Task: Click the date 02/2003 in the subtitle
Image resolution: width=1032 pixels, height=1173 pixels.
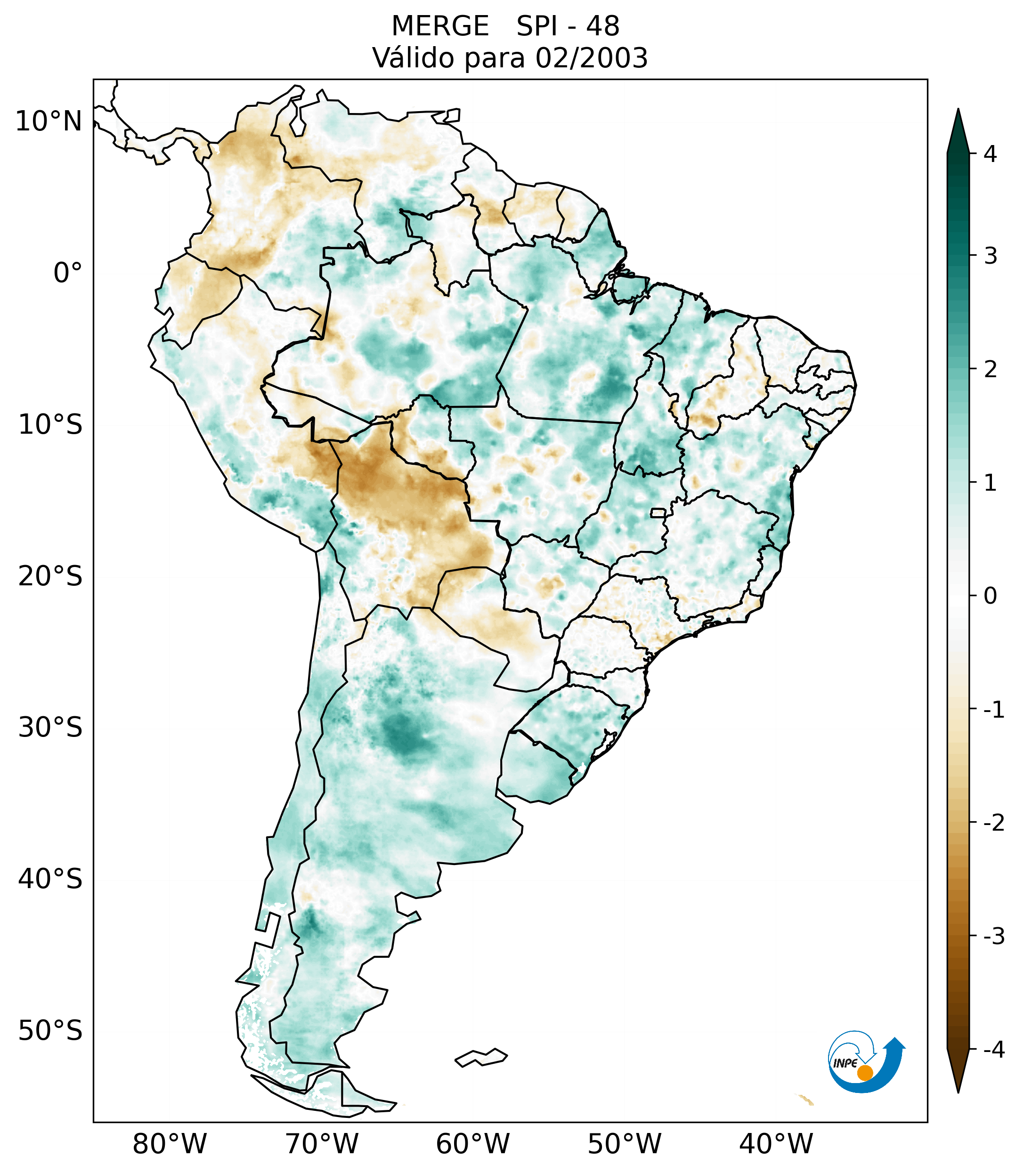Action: [x=591, y=58]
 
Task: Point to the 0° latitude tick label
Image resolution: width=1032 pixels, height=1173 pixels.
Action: [x=67, y=273]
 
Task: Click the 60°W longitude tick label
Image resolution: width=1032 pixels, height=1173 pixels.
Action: [x=472, y=1144]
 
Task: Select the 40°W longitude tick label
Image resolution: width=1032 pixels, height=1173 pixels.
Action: [x=775, y=1144]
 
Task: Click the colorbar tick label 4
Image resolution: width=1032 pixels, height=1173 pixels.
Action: [x=990, y=154]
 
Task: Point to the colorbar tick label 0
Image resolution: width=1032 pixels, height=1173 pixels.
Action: [x=990, y=596]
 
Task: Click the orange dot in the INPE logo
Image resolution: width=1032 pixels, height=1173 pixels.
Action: [x=864, y=1073]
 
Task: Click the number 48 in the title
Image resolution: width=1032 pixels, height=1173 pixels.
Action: [x=603, y=26]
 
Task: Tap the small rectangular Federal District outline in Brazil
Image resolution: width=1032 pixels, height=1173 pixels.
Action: [x=658, y=512]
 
